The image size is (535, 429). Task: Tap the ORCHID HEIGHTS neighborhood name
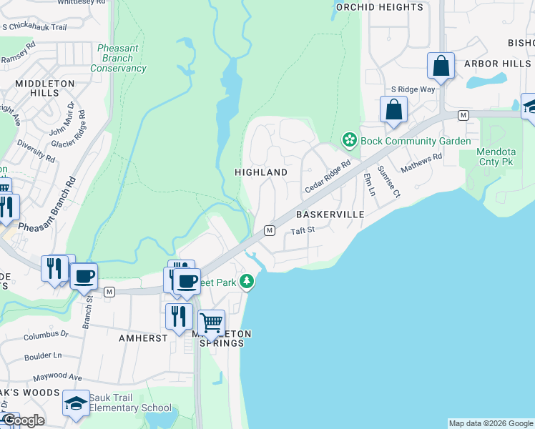(379, 7)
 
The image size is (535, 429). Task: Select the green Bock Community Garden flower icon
(349, 140)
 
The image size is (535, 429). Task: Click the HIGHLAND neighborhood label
(261, 172)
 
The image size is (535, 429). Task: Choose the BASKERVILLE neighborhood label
(330, 214)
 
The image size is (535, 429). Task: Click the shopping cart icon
(211, 323)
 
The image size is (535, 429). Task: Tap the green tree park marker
(247, 282)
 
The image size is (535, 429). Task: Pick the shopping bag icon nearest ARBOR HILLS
(441, 66)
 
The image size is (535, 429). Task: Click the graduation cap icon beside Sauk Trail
(76, 403)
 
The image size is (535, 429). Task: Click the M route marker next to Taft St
(270, 230)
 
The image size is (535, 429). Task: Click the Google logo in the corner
(23, 420)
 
